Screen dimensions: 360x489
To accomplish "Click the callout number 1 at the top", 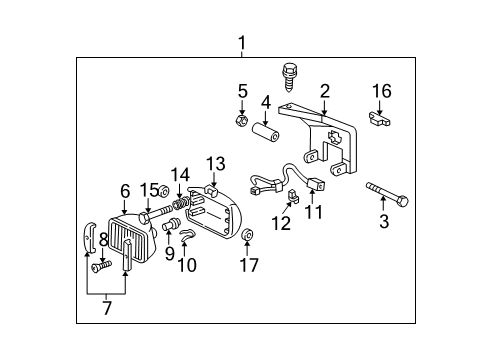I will tap(241, 42).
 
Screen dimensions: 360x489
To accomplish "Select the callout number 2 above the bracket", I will tap(325, 91).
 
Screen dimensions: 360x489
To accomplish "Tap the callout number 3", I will tap(383, 222).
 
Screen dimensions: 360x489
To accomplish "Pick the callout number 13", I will tap(216, 163).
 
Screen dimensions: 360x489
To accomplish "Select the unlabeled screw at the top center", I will tap(291, 73).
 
